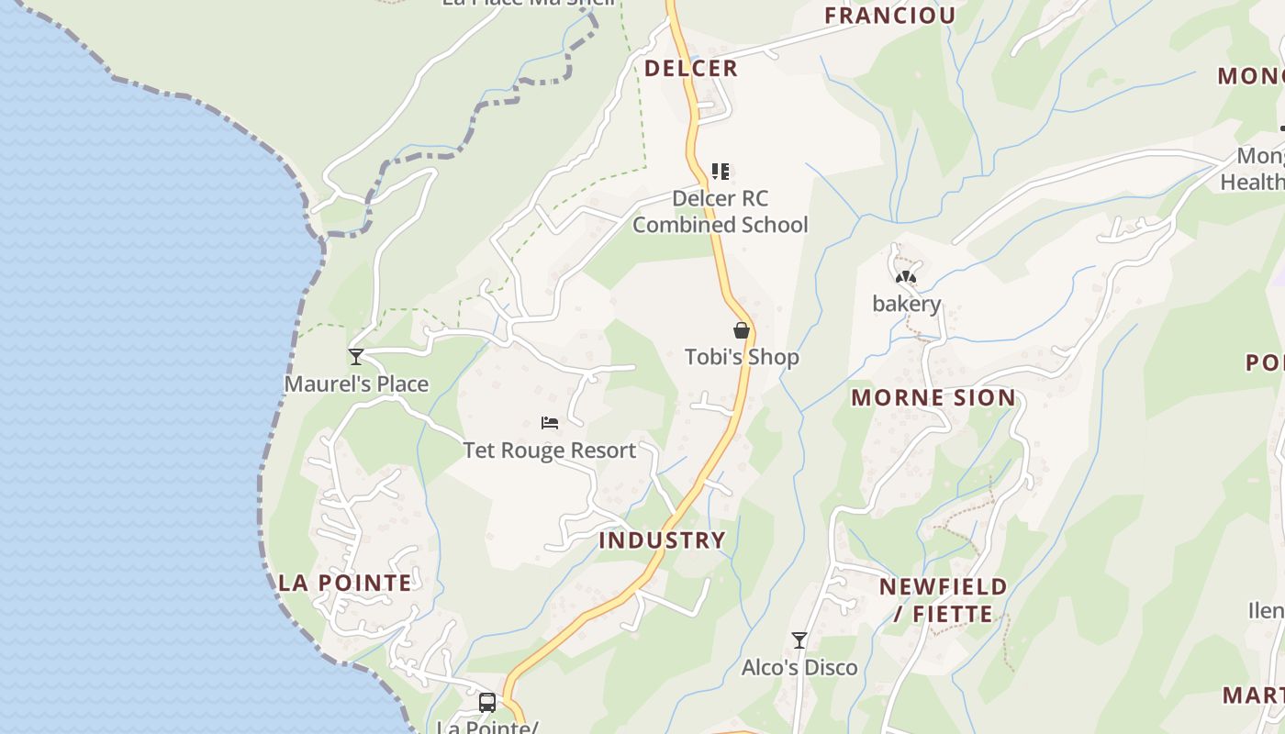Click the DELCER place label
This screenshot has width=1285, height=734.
tap(690, 68)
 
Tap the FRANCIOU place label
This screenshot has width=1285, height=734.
tap(889, 15)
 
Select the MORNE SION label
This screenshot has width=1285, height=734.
tap(933, 397)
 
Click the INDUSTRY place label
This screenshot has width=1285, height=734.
tap(662, 539)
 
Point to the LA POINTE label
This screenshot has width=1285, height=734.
tap(345, 583)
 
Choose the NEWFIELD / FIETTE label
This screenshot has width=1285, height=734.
tap(943, 599)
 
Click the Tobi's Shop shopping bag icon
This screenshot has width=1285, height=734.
tap(742, 330)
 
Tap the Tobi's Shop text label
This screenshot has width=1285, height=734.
tap(742, 357)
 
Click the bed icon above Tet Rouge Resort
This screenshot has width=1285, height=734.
tap(550, 423)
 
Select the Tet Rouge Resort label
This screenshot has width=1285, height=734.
tap(549, 450)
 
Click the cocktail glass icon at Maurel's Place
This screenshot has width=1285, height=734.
tap(356, 357)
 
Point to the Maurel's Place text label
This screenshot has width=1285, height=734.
tap(356, 384)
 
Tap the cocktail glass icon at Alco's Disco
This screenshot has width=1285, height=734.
tap(799, 640)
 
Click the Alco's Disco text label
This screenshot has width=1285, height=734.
tap(799, 667)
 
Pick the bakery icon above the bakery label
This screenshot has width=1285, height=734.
tap(906, 277)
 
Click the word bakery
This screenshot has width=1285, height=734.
tap(907, 304)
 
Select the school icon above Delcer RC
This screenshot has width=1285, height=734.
tap(721, 171)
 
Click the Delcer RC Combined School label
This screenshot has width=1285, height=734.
tap(721, 212)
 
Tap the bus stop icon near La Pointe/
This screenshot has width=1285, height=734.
tap(487, 703)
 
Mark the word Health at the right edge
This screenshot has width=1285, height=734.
tap(1252, 182)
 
